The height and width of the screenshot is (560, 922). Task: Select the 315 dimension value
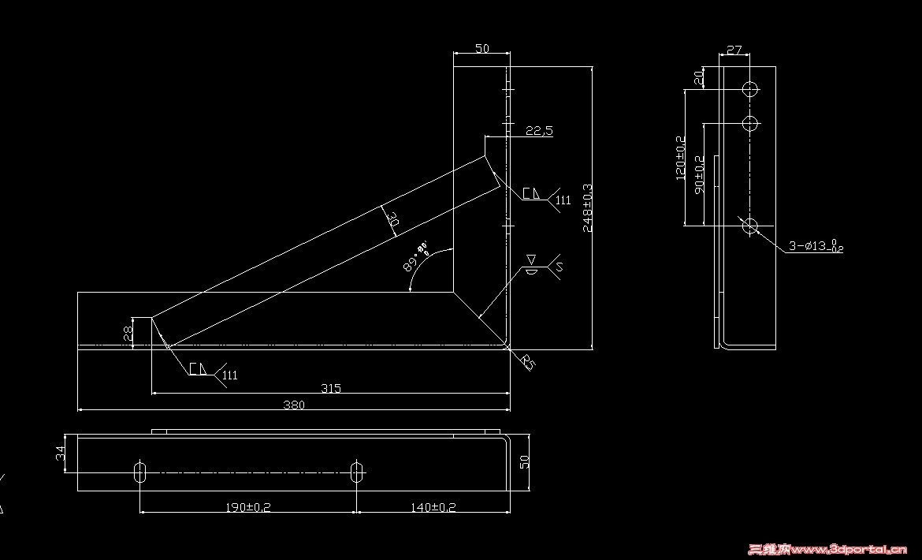(x=331, y=387)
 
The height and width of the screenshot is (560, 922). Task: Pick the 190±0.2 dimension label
(x=248, y=507)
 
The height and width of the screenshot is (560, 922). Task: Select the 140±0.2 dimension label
(x=433, y=507)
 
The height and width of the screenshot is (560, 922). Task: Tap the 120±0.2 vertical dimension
(x=681, y=158)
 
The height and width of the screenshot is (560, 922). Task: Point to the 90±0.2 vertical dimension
(x=698, y=175)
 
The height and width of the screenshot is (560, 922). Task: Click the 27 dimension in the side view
(x=734, y=50)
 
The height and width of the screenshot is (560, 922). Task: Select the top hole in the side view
(x=750, y=88)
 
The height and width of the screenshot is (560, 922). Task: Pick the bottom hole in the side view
(x=750, y=226)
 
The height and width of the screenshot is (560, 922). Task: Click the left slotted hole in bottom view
(x=140, y=472)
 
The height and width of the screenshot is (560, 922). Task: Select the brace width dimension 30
(x=393, y=220)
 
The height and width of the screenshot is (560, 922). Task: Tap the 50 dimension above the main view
(x=481, y=49)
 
